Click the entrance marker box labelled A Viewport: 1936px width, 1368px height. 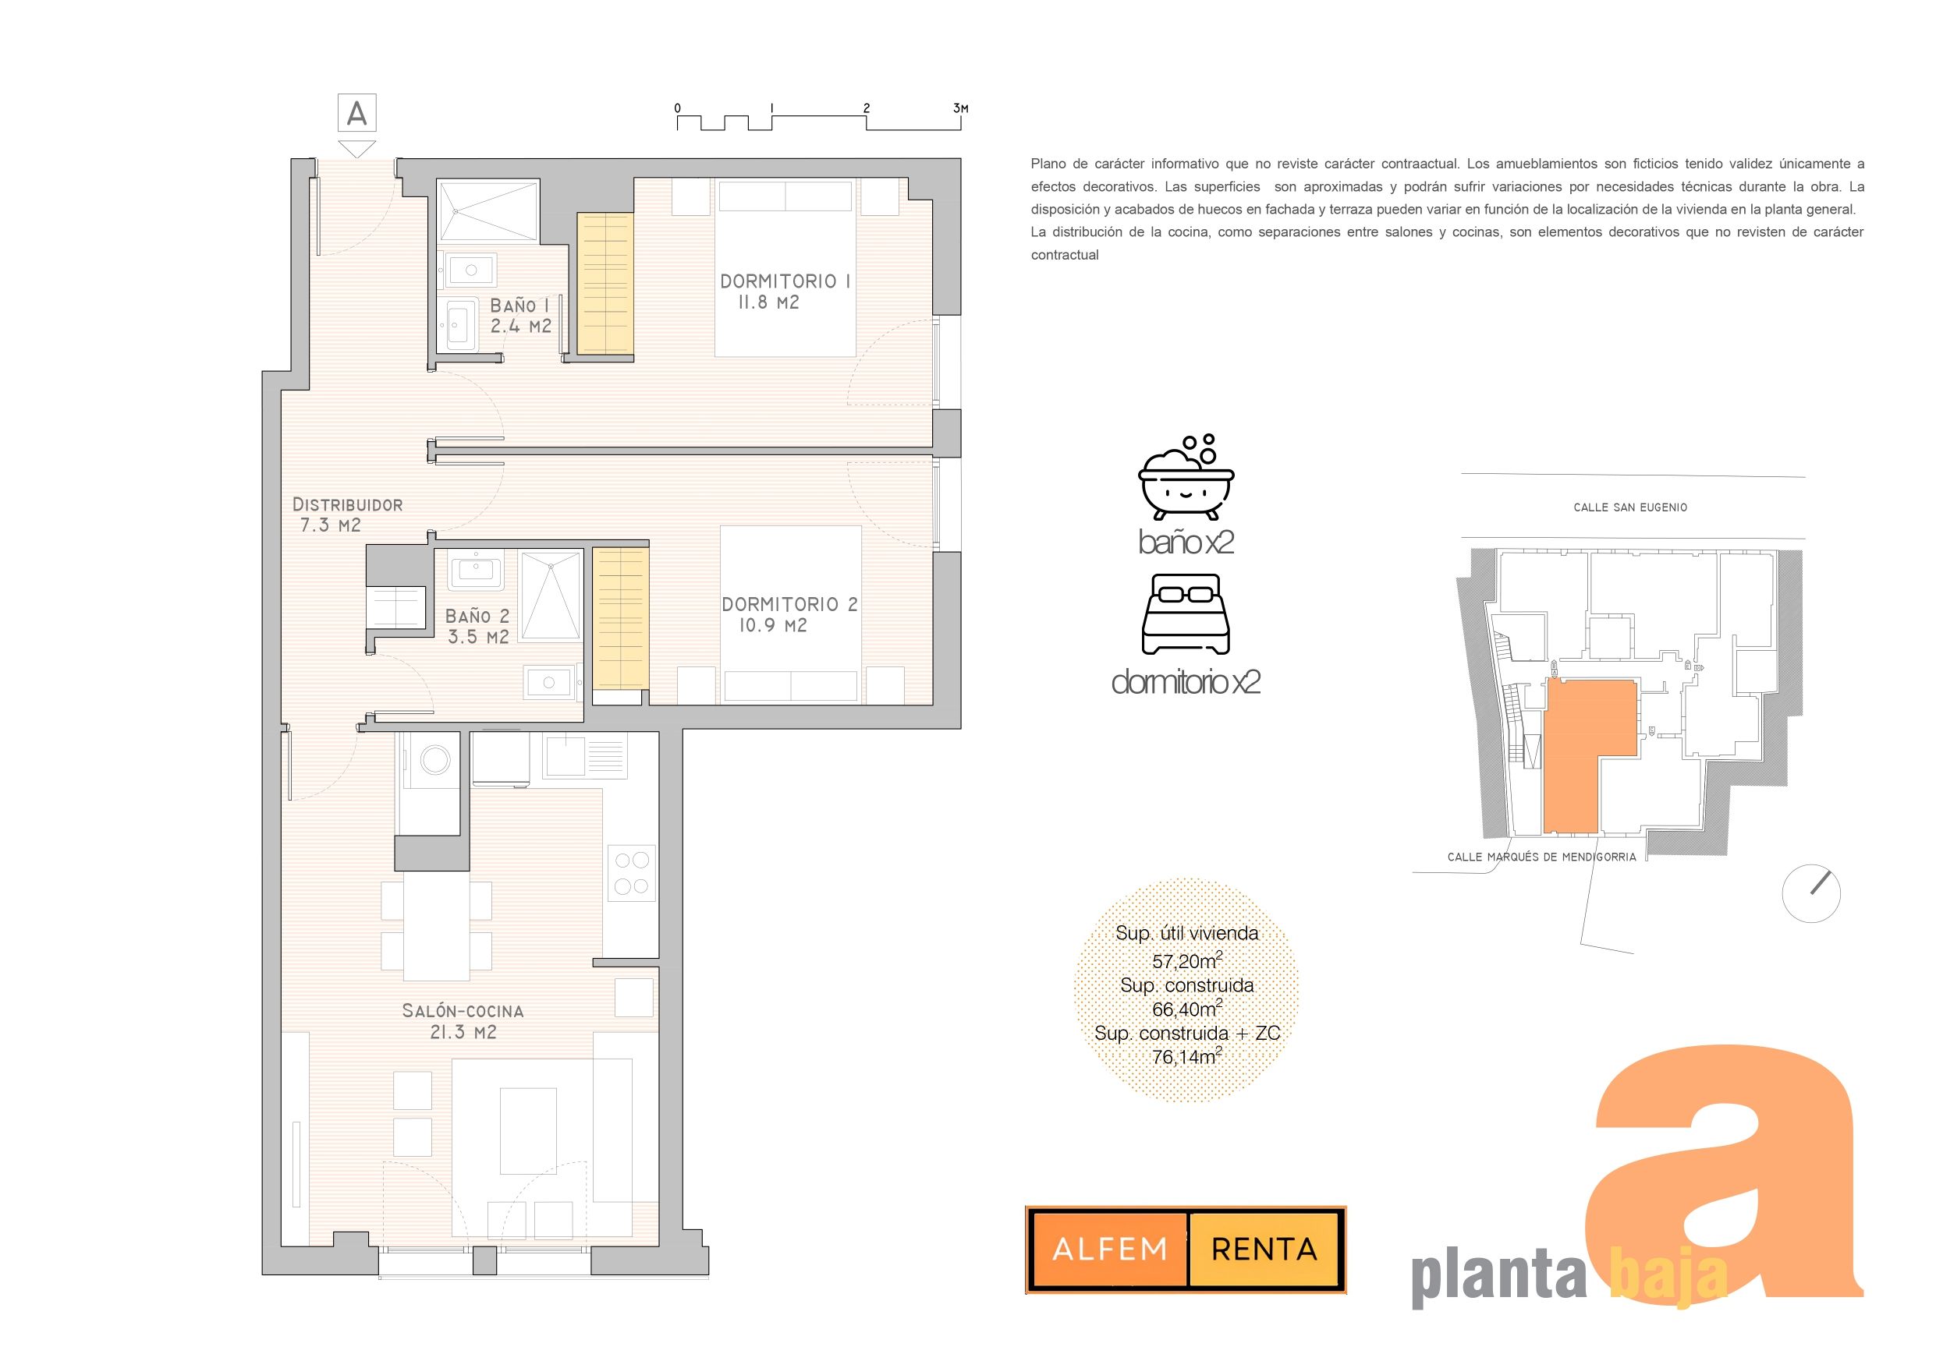pos(356,113)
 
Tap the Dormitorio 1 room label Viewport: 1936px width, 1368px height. pos(784,292)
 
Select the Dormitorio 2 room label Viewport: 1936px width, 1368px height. pos(789,614)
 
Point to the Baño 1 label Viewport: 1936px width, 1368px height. pos(520,315)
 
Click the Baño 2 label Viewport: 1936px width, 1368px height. pos(477,626)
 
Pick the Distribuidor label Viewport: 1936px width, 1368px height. pos(346,515)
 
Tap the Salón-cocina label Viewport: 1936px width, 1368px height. pos(463,1020)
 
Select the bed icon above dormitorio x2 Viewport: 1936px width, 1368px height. pos(1186,613)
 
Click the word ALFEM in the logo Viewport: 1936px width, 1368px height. pos(1110,1248)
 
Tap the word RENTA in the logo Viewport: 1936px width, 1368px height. pos(1264,1248)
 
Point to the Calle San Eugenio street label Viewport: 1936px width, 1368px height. pos(1630,507)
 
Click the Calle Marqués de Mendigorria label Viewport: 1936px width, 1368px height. pos(1541,857)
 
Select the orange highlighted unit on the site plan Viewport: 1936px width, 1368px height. pos(1573,758)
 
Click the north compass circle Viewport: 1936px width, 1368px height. pos(1811,893)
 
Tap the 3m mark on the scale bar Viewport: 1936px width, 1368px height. pos(960,108)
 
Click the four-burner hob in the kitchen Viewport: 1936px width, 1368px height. pos(632,873)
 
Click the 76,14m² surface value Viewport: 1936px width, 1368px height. pos(1186,1056)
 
